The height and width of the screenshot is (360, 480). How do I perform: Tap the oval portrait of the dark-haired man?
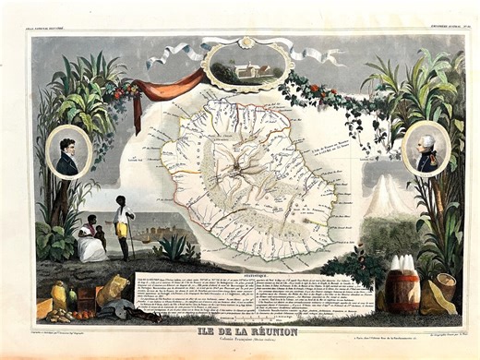point(68,152)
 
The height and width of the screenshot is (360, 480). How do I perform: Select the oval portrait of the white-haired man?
point(426,148)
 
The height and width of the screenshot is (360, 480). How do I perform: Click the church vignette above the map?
point(243,62)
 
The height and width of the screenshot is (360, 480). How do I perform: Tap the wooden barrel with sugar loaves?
point(401,285)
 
